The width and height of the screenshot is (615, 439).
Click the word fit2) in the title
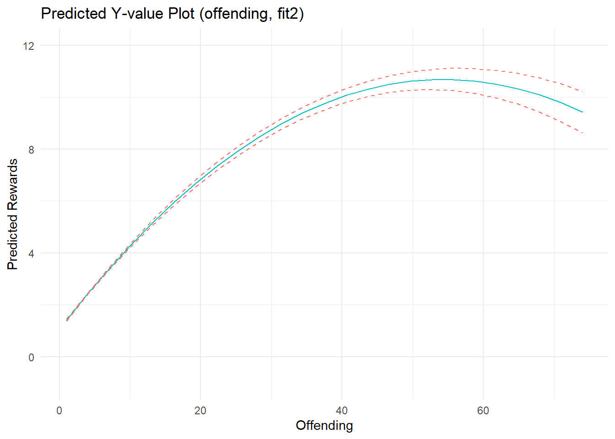[x=291, y=14]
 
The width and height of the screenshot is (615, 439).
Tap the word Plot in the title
[x=183, y=14]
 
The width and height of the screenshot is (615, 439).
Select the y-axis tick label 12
[x=29, y=46]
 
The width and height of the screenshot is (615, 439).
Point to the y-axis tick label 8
[x=31, y=150]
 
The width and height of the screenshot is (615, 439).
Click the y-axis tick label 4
[x=31, y=253]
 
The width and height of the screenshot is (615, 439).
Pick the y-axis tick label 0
[x=31, y=357]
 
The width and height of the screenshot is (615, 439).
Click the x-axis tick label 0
[x=59, y=411]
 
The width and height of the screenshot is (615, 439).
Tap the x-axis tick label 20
[x=200, y=411]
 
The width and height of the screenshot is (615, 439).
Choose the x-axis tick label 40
[x=342, y=411]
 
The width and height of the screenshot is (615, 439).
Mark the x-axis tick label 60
[x=483, y=411]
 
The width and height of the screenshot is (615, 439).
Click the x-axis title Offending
[x=324, y=426]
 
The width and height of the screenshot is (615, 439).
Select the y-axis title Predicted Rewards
[x=13, y=214]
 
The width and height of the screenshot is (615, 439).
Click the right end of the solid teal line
[x=582, y=112]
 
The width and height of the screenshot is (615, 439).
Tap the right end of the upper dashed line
[x=582, y=91]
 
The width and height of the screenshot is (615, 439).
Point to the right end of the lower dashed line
[x=582, y=133]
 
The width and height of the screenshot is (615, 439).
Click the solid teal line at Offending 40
[x=342, y=97]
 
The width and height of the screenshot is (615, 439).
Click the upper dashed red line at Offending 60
[x=483, y=70]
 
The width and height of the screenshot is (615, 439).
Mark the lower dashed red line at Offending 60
[x=483, y=95]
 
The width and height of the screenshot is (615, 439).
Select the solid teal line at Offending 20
[x=200, y=179]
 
